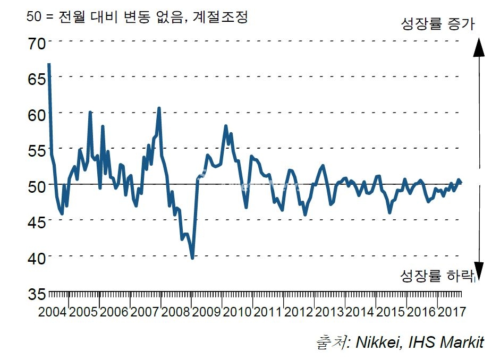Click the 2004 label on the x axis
coord(52,312)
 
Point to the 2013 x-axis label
coord(329,312)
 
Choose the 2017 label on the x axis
coord(452,312)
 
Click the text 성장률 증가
coord(437,24)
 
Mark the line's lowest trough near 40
coord(192,258)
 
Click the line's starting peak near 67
coord(49,64)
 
